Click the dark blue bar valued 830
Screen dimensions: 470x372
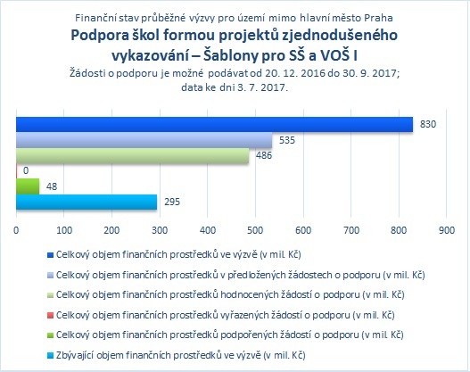(x=214, y=124)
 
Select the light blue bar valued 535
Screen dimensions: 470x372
(x=144, y=140)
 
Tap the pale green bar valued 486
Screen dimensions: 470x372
(x=133, y=155)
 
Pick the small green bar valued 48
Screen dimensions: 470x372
(x=28, y=186)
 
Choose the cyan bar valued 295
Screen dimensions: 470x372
(x=87, y=202)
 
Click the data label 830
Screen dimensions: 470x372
(x=428, y=124)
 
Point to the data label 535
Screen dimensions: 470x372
(x=287, y=140)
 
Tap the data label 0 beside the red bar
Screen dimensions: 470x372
(x=26, y=170)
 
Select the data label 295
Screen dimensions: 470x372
(x=172, y=202)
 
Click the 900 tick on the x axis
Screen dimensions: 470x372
(x=447, y=230)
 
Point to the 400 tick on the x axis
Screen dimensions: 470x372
(x=208, y=230)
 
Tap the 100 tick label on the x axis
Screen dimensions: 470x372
(x=64, y=230)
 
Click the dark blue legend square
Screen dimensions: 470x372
(x=50, y=255)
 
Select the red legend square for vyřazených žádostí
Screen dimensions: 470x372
(x=50, y=315)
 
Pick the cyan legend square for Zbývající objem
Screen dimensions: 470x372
(x=50, y=356)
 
